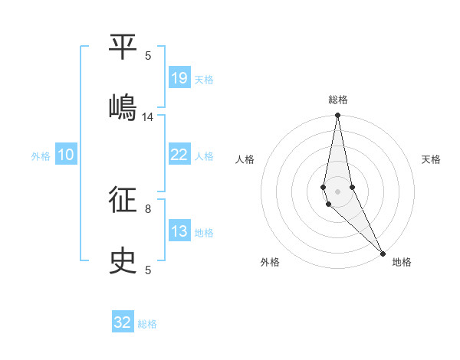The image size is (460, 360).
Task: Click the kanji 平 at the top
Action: [123, 47]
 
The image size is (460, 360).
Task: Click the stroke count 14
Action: [148, 117]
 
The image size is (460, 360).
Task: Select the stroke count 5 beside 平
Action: [148, 55]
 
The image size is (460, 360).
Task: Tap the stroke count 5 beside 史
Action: [148, 270]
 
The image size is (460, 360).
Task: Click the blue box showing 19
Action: [179, 78]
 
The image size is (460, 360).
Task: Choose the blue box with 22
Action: [179, 155]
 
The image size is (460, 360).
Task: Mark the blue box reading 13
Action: [179, 231]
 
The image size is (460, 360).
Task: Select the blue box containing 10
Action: [66, 155]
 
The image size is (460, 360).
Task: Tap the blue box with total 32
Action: [123, 322]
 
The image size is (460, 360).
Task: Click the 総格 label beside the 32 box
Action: [147, 324]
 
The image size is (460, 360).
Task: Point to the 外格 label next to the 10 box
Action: [41, 156]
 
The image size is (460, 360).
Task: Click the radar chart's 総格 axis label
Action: [338, 100]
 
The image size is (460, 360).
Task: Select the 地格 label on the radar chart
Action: [402, 263]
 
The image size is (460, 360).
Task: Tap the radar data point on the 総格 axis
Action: [337, 116]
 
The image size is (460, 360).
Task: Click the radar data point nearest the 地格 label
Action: [382, 252]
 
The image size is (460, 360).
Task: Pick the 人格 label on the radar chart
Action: [245, 159]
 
